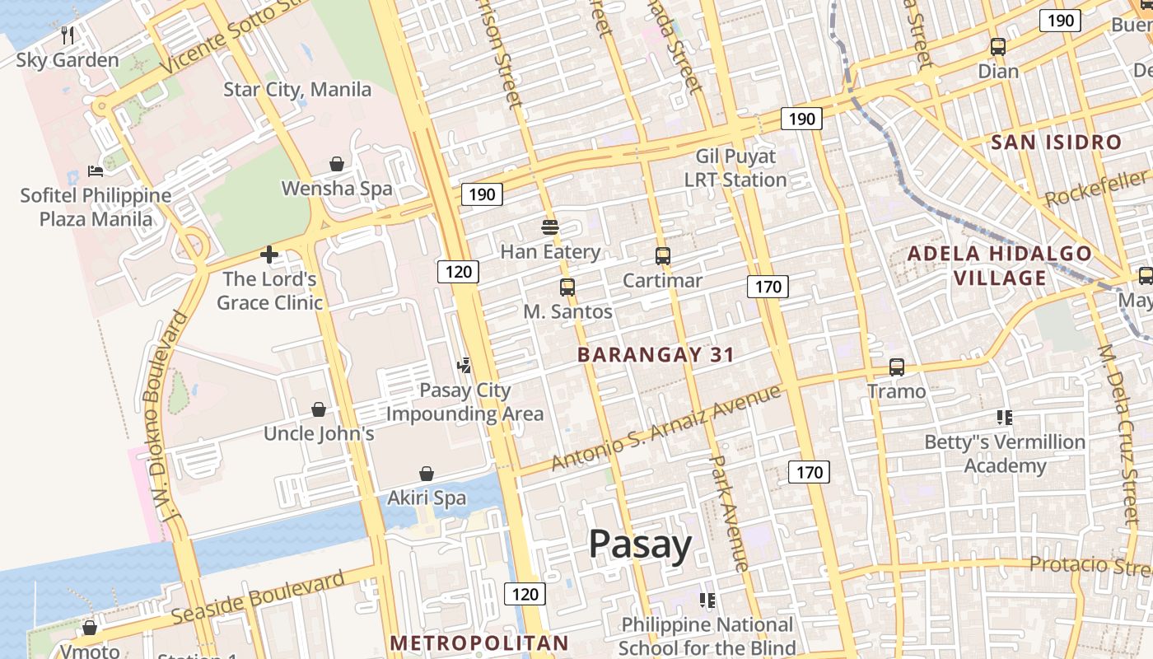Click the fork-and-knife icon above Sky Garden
(x=68, y=35)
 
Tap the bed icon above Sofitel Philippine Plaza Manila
(x=96, y=171)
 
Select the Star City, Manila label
(x=297, y=89)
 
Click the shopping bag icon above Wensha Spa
(x=337, y=164)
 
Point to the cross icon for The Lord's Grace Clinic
(x=269, y=255)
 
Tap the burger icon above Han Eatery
(x=550, y=227)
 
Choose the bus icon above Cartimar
(x=663, y=256)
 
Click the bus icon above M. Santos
(x=567, y=287)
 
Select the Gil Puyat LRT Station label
(x=735, y=168)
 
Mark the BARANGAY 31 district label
(x=656, y=355)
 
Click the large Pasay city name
(x=640, y=544)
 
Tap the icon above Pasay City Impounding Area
(x=464, y=366)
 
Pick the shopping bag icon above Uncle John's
(x=319, y=409)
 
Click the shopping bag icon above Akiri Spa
(x=427, y=474)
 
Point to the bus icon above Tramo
(x=897, y=367)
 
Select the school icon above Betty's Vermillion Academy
(x=1004, y=418)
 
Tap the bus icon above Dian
(x=998, y=47)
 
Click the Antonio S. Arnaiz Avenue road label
(x=665, y=428)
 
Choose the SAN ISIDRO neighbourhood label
(x=1057, y=143)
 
